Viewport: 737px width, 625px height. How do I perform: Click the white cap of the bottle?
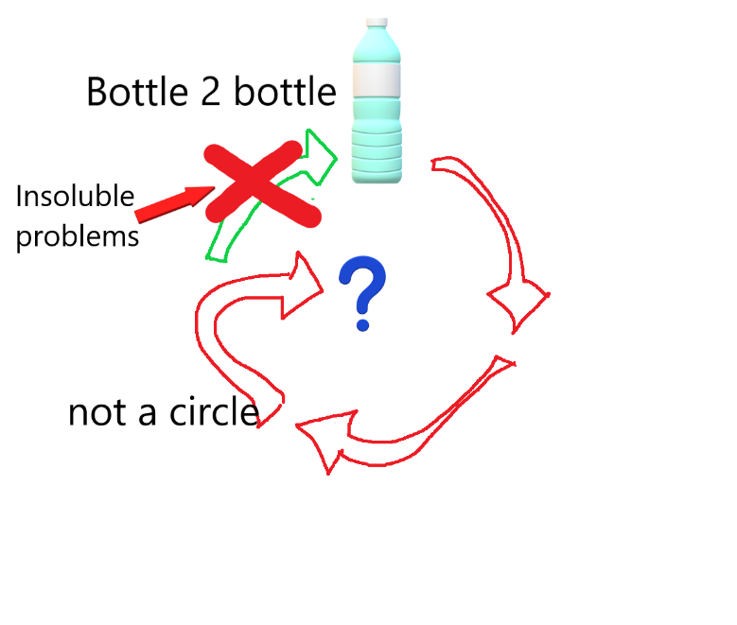tap(377, 22)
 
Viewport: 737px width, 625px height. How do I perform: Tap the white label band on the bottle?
tap(377, 80)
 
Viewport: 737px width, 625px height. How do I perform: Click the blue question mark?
tap(362, 293)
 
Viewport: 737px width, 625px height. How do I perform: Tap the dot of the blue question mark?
tap(362, 324)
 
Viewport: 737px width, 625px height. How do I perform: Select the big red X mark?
tap(262, 183)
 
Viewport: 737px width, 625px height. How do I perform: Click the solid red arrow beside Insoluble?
tap(174, 204)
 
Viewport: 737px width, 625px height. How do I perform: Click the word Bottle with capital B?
tap(137, 92)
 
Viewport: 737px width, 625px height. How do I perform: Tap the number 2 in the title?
tap(211, 92)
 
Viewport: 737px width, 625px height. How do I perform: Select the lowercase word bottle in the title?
tap(286, 92)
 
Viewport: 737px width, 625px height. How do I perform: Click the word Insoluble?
tap(75, 196)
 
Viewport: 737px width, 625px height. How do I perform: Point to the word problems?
tap(78, 236)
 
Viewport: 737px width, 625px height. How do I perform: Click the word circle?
tap(215, 412)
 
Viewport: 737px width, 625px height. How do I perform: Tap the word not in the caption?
tap(97, 412)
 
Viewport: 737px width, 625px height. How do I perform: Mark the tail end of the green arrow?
tap(217, 258)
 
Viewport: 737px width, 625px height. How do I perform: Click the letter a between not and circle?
tap(148, 413)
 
